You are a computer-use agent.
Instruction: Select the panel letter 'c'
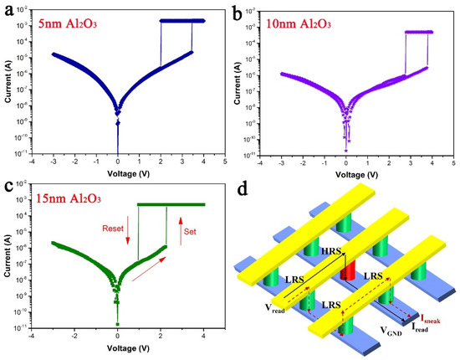8,188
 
